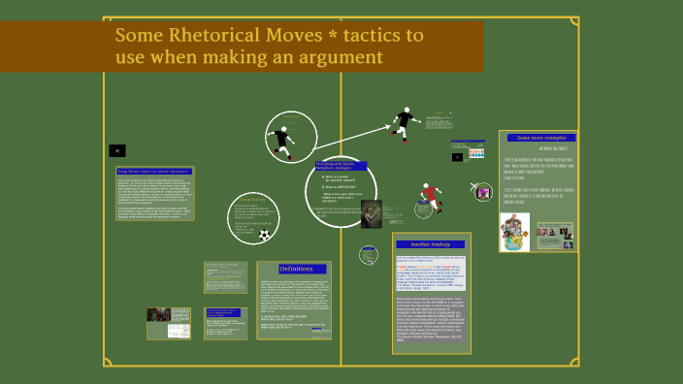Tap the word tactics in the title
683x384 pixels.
370,37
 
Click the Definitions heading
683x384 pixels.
295,269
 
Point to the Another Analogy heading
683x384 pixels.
432,243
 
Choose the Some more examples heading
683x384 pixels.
539,139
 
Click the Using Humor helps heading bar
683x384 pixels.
147,171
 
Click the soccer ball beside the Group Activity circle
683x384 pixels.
264,235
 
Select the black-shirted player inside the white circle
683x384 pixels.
280,141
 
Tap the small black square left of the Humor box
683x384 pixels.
116,150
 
